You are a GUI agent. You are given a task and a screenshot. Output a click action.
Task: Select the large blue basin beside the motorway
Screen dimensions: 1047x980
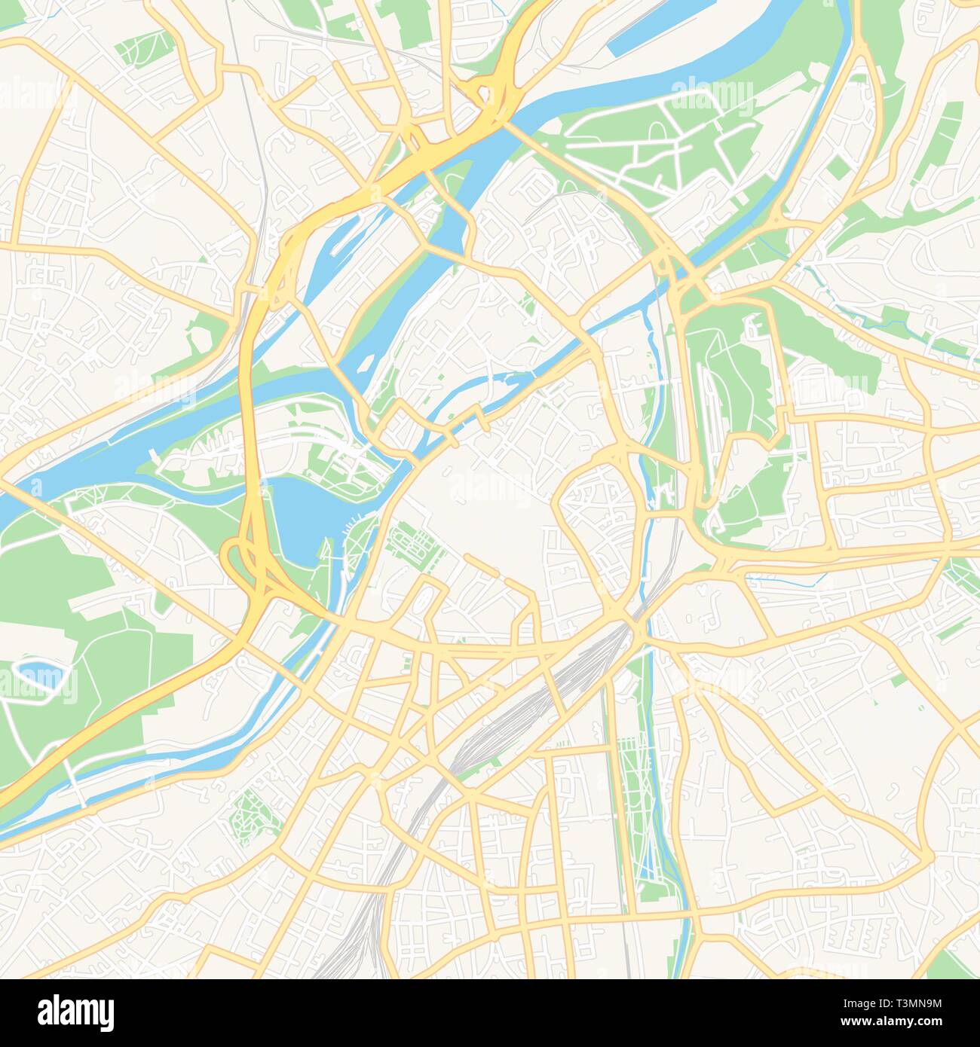294,520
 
